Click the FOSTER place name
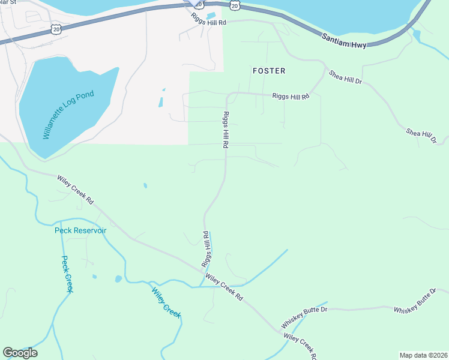tap(269, 71)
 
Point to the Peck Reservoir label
tap(80, 230)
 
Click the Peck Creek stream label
tap(67, 274)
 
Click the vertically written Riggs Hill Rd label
tap(226, 130)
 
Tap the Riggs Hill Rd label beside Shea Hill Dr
tap(291, 96)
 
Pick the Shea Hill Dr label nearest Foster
tap(345, 77)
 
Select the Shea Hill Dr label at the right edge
tap(421, 136)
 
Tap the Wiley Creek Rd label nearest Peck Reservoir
tap(76, 188)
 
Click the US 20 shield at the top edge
tap(235, 5)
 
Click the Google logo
tap(20, 353)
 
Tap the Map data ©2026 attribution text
tap(423, 355)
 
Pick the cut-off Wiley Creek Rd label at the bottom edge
tap(300, 347)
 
